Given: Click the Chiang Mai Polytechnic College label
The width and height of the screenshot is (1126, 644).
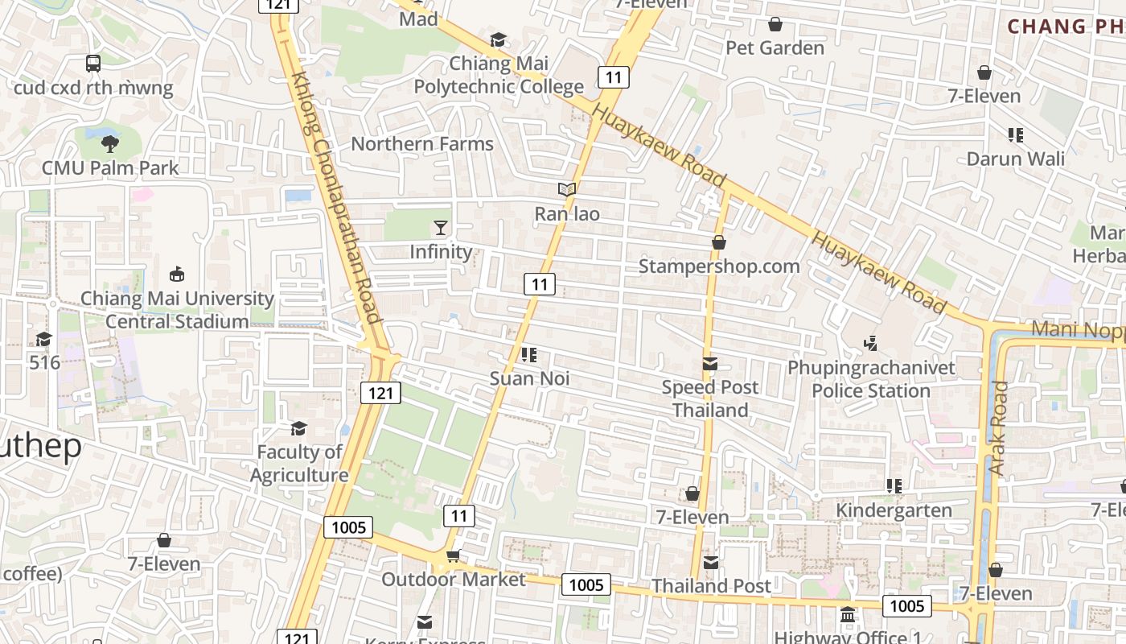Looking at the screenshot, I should pos(499,75).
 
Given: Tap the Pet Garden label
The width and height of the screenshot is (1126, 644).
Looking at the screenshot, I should pos(775,48).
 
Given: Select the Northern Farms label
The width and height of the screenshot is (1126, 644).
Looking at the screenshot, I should pos(422,144).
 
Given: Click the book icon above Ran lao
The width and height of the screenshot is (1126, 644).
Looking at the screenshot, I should pos(567,190).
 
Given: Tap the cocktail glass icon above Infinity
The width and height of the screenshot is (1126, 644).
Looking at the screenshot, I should pos(441,227).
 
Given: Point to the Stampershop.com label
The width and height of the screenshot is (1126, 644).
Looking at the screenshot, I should pos(719,266).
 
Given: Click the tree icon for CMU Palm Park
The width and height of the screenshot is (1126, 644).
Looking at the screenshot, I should pos(110,144).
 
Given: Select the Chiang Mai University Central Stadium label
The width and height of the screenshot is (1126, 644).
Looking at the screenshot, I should pos(177,310).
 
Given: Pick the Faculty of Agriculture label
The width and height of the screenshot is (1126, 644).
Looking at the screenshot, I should pos(299,464).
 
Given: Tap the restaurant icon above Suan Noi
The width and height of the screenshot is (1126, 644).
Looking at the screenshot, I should pos(529,354).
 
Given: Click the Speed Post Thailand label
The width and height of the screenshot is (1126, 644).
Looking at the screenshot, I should pos(710,398).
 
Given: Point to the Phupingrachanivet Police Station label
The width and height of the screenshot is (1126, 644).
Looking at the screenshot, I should pos(871,379).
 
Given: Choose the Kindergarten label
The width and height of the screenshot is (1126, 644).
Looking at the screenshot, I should pos(894,510).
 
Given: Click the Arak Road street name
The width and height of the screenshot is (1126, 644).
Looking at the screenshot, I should pos(998,427).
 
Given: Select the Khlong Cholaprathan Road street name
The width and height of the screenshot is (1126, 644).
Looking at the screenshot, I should pos(335,197).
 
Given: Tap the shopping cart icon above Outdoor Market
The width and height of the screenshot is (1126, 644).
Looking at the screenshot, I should pos(453,555).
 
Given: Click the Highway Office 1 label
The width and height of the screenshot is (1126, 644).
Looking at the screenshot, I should pos(849,637).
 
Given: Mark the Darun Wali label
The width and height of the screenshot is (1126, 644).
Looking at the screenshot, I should pos(1016,159).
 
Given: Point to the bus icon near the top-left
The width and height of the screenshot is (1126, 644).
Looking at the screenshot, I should pos(93,63).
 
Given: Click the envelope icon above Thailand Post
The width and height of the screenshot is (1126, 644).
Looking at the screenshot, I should pos(711,563).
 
